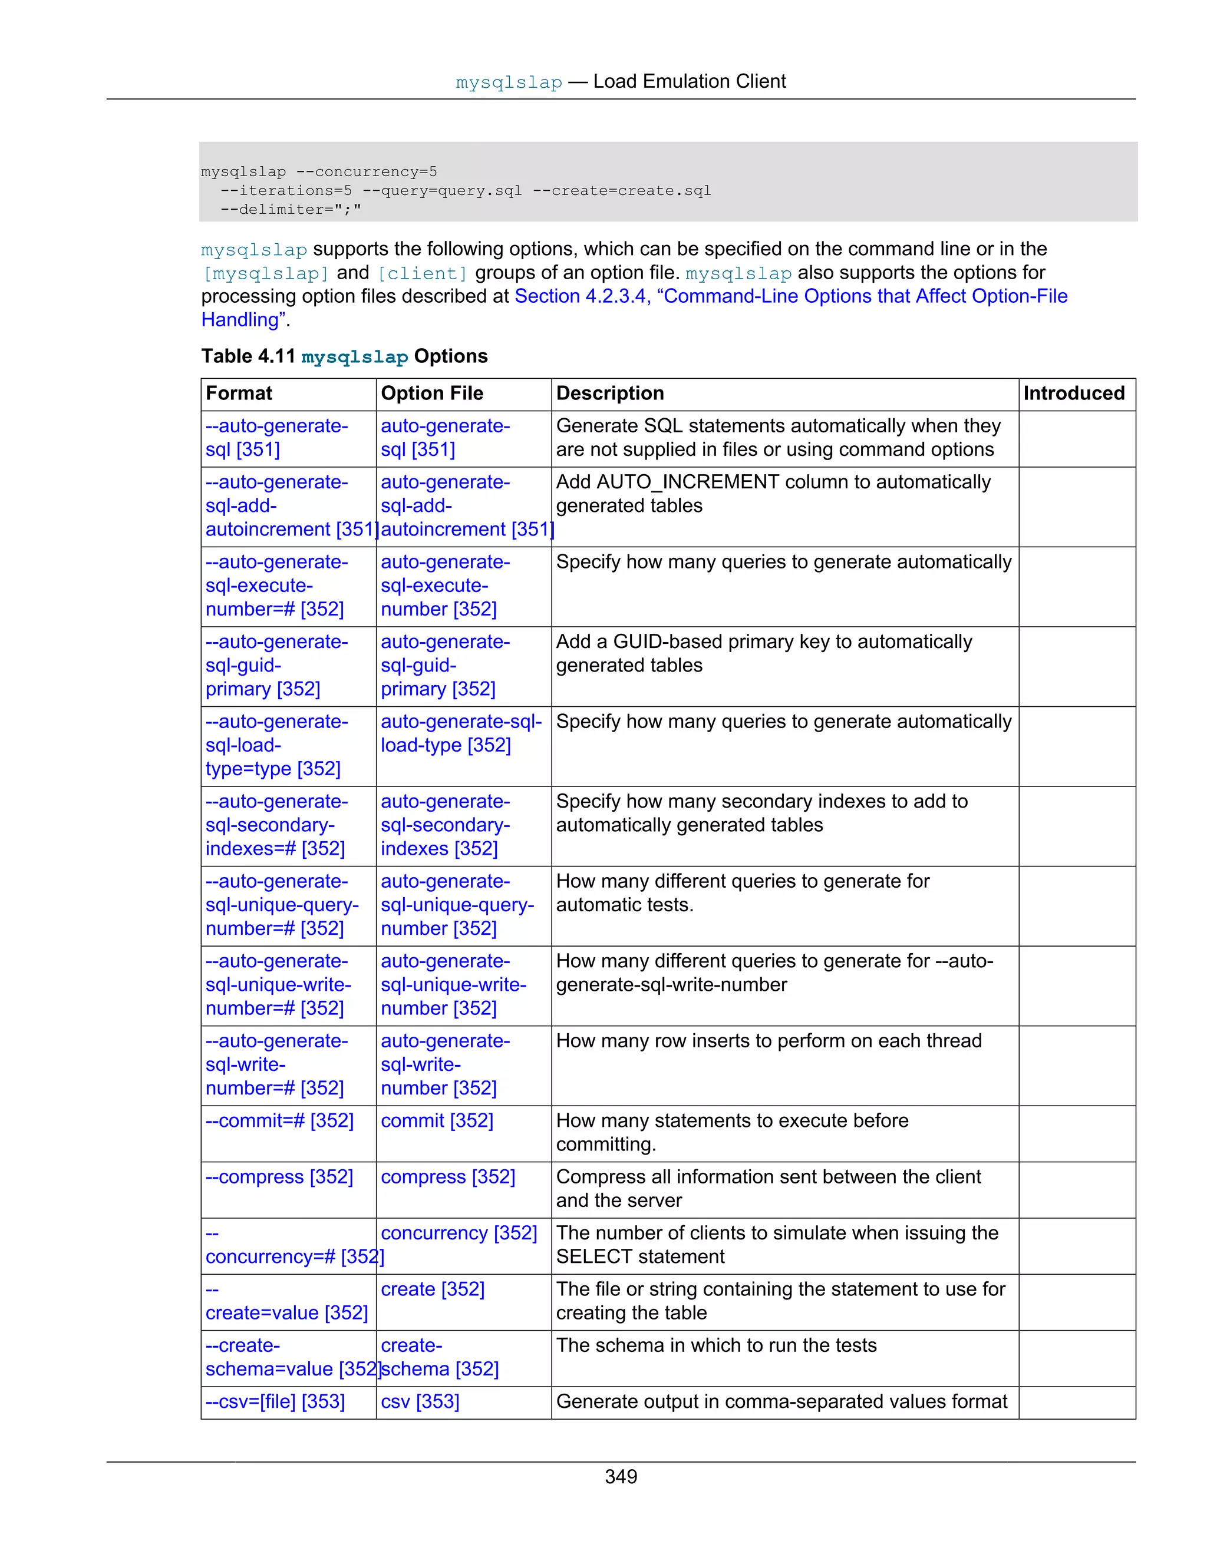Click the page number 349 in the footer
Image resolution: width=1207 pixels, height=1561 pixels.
pyautogui.click(x=620, y=1476)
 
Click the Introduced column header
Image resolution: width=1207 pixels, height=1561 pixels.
pyautogui.click(x=1073, y=393)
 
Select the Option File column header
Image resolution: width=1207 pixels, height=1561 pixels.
pyautogui.click(x=432, y=393)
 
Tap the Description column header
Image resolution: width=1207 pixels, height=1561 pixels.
pyautogui.click(x=610, y=393)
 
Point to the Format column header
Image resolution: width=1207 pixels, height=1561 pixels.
pyautogui.click(x=239, y=393)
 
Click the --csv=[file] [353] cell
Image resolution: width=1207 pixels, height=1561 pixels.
pyautogui.click(x=275, y=1401)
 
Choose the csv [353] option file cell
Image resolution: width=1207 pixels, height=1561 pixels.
pyautogui.click(x=420, y=1401)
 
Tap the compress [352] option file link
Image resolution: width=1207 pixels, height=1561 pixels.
pyautogui.click(x=448, y=1176)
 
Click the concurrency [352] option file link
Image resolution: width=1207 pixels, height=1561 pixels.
pyautogui.click(x=459, y=1232)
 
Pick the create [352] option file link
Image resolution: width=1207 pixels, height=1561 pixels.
pyautogui.click(x=433, y=1289)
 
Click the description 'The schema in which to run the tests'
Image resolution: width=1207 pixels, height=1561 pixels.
pyautogui.click(x=715, y=1345)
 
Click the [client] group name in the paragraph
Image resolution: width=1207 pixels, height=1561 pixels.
pyautogui.click(x=422, y=273)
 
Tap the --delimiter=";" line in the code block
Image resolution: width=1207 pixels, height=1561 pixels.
pyautogui.click(x=291, y=210)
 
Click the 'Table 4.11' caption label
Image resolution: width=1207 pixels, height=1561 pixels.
pyautogui.click(x=248, y=356)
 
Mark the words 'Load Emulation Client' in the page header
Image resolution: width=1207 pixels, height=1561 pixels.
pyautogui.click(x=690, y=81)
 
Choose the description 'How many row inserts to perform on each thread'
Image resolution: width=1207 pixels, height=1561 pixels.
pyautogui.click(x=769, y=1041)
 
